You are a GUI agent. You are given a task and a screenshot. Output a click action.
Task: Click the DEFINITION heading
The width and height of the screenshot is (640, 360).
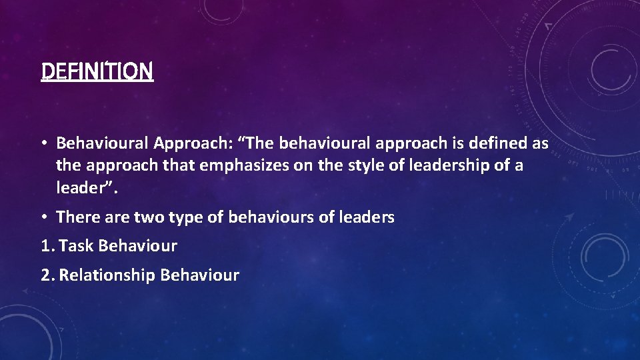(97, 70)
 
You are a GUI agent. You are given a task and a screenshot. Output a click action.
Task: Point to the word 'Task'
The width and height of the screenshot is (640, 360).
(76, 246)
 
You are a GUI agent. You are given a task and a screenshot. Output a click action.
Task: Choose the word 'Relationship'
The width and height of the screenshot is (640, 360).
(107, 275)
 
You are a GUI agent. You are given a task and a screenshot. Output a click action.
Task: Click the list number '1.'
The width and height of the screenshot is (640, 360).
(47, 246)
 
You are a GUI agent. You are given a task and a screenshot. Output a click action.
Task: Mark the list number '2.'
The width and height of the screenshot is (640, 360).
(48, 275)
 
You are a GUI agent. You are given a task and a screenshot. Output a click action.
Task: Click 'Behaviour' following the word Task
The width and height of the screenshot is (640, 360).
(137, 246)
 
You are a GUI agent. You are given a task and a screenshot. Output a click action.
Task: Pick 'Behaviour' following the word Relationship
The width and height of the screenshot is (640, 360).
(200, 275)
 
